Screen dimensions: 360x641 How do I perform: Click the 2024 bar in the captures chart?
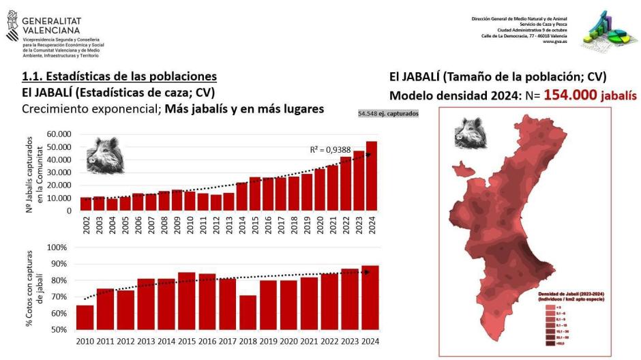(372, 176)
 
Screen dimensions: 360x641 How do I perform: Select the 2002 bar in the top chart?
(86, 204)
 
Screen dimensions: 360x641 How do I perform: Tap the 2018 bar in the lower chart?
(248, 312)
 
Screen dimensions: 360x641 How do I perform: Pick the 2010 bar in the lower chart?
(85, 317)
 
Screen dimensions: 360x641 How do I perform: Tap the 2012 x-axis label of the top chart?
(216, 225)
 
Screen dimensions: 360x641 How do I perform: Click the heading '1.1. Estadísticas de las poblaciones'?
(119, 76)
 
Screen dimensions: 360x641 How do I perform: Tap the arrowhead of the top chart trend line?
(368, 155)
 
